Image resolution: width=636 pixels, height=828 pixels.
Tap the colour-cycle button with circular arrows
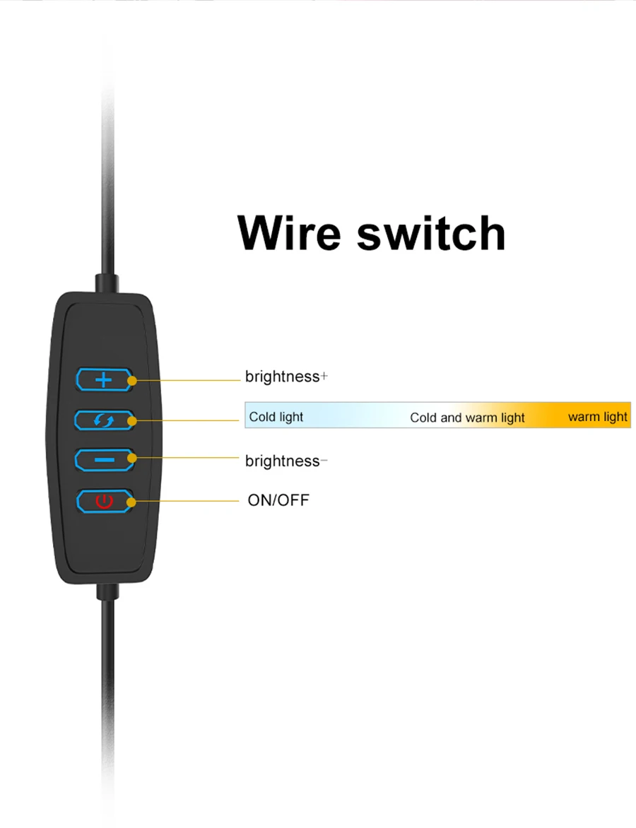pos(103,420)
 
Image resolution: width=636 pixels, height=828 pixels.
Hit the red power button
pos(104,502)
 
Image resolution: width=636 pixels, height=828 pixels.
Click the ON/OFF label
pos(278,500)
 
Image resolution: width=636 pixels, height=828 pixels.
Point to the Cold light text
pos(276,417)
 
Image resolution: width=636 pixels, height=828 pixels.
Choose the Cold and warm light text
pos(467,418)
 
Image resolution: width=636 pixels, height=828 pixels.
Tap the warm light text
pos(597,417)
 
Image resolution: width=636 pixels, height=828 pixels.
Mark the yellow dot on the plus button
pos(131,380)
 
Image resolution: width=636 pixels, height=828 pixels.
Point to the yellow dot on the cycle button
pos(131,421)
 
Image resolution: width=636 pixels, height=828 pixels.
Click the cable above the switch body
pos(107,177)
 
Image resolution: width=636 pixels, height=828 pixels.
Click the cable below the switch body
pos(107,671)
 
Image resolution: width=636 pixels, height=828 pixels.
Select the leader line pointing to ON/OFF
pos(187,501)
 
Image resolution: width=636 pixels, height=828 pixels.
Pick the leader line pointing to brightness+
pos(187,380)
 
